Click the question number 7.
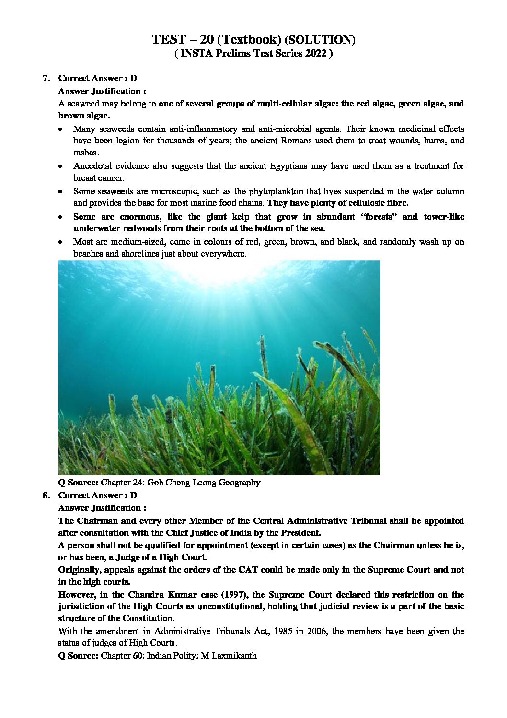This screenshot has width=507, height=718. coord(46,78)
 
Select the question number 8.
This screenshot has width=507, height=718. coord(46,495)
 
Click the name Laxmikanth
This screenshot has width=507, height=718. coord(233,655)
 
